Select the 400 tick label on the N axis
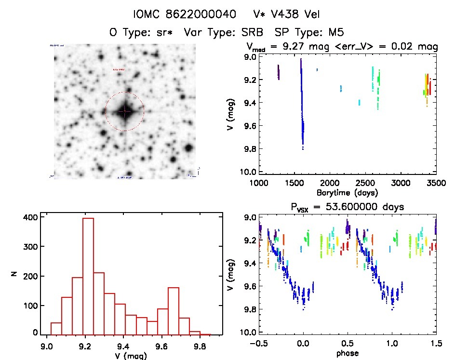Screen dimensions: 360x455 [29, 217]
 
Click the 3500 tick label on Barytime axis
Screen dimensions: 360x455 [435, 184]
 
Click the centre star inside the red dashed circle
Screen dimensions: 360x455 [124, 111]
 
